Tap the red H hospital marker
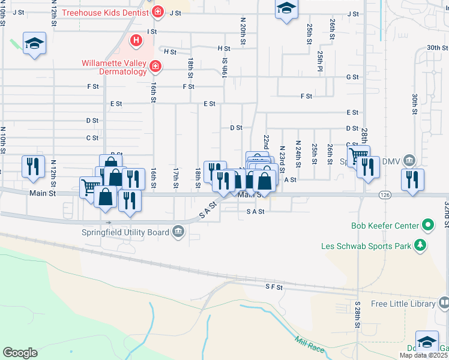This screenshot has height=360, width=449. [x=137, y=41]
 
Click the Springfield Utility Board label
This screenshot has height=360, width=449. [x=134, y=232]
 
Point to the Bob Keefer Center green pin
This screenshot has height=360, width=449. [x=427, y=226]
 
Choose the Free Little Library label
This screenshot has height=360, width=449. [x=403, y=304]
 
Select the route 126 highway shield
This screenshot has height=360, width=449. [x=385, y=194]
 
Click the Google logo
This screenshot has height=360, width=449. [x=20, y=353]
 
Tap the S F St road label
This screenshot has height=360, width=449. [x=274, y=287]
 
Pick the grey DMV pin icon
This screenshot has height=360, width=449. [x=409, y=160]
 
